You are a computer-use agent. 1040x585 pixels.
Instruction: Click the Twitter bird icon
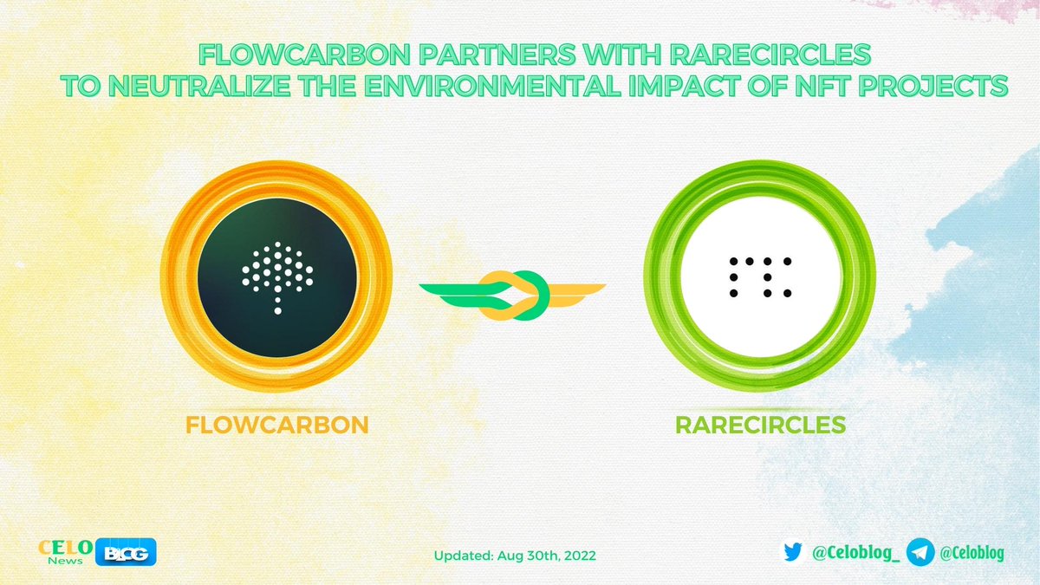point(793,551)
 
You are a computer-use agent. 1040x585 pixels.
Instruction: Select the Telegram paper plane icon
point(920,551)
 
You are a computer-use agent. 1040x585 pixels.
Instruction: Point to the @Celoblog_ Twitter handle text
point(853,551)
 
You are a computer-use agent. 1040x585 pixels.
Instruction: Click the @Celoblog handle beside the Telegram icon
point(972,551)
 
